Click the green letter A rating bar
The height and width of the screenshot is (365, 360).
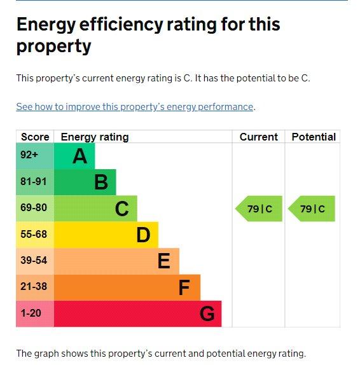[74, 156]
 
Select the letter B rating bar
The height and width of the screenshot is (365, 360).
[85, 182]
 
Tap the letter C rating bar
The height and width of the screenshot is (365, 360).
[95, 209]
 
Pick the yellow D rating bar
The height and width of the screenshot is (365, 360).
[106, 235]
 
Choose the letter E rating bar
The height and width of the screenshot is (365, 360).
[116, 261]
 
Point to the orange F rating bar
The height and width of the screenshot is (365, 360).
[127, 287]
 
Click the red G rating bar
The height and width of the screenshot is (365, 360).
[137, 313]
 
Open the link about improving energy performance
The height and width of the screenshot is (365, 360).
[135, 107]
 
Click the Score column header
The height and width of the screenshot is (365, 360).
[35, 137]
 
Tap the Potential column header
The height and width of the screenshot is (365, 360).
[313, 137]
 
